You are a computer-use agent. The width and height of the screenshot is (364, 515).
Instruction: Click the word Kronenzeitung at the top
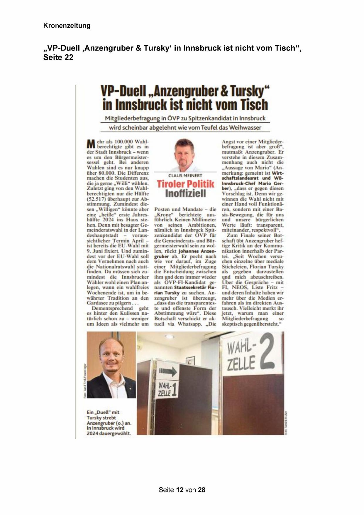pos(67,26)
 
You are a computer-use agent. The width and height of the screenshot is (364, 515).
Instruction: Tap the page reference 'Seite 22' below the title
pos(58,57)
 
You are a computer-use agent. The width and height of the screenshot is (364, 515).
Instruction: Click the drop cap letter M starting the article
pos(91,144)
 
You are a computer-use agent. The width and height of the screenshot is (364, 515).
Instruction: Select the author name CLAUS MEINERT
pos(185,176)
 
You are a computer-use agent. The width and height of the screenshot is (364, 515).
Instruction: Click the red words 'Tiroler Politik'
pos(185,184)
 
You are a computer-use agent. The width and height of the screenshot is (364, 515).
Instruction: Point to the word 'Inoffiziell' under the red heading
pos(185,193)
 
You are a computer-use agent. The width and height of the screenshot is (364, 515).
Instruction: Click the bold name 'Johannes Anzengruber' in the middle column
pos(186,254)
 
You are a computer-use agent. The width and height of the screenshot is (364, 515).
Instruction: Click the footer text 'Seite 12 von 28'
pos(182,490)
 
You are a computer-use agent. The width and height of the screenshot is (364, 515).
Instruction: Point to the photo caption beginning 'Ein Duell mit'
pos(109,423)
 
